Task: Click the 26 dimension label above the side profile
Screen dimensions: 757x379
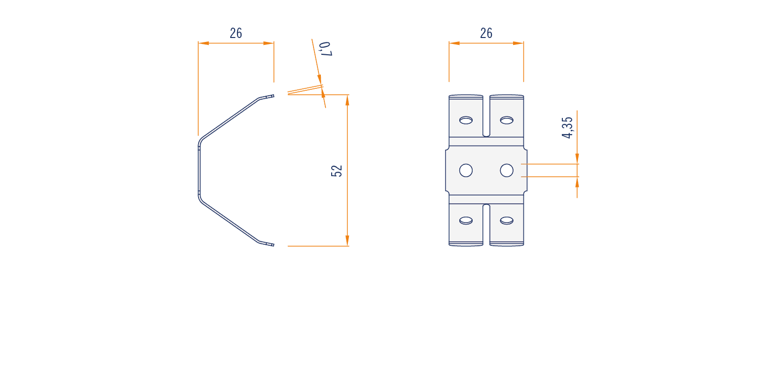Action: pyautogui.click(x=236, y=33)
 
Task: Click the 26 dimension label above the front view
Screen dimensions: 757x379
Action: pyautogui.click(x=486, y=33)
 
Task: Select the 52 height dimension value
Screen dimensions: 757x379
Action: pyautogui.click(x=337, y=171)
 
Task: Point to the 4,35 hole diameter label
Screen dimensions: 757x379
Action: pyautogui.click(x=567, y=128)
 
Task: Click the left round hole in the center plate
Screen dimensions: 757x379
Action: pyautogui.click(x=466, y=170)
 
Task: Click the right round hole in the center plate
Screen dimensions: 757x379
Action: pyautogui.click(x=507, y=170)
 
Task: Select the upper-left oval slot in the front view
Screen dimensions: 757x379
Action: pyautogui.click(x=466, y=120)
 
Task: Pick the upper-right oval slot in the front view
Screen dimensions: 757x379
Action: pyautogui.click(x=507, y=120)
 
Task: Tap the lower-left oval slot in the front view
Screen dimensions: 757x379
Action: pyautogui.click(x=466, y=221)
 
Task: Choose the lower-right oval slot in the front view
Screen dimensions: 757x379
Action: pyautogui.click(x=507, y=221)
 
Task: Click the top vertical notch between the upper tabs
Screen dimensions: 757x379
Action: pyautogui.click(x=486, y=116)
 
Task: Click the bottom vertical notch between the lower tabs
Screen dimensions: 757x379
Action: pyautogui.click(x=486, y=225)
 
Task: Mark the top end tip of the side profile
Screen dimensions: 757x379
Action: pyautogui.click(x=274, y=96)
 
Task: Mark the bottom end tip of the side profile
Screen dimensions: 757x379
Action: pyautogui.click(x=274, y=245)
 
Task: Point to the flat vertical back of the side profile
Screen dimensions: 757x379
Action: pyautogui.click(x=199, y=171)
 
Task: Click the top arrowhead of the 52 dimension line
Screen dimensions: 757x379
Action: pyautogui.click(x=347, y=100)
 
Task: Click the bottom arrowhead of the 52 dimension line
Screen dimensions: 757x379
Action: pyautogui.click(x=347, y=241)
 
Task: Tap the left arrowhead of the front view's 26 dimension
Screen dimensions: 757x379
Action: pyautogui.click(x=454, y=43)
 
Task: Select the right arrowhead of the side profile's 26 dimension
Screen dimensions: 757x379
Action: pyautogui.click(x=269, y=43)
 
